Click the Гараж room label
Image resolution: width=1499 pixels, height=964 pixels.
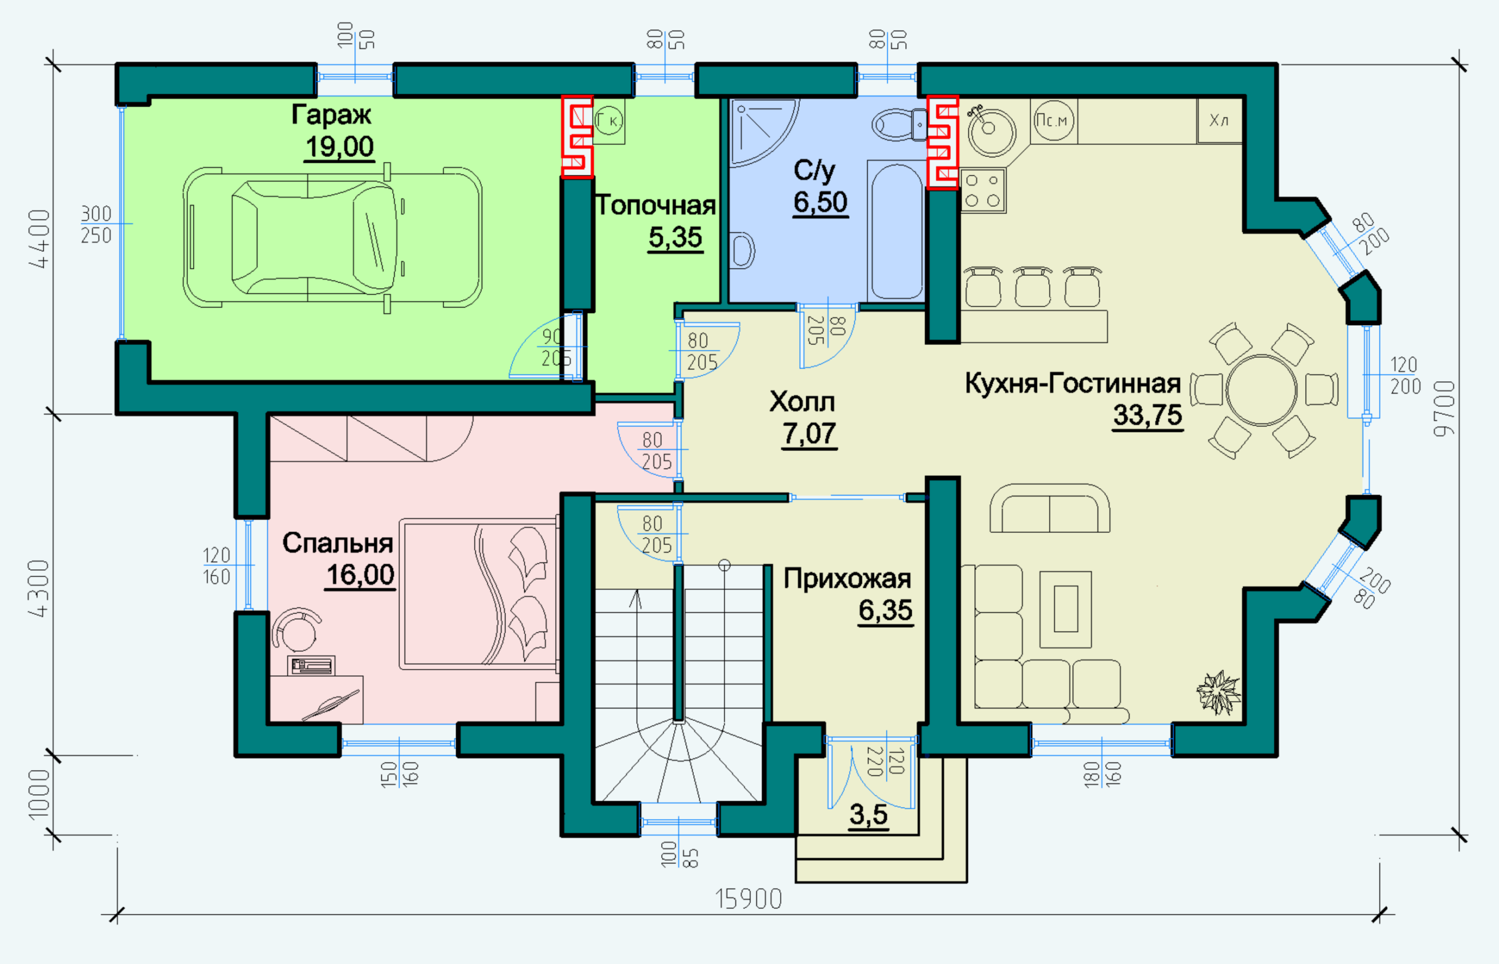331,115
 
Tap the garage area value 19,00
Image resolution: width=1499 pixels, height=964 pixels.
339,146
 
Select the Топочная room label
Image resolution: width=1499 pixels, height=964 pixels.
655,206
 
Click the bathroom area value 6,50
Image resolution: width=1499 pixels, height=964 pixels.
820,202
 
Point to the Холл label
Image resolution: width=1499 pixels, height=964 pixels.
802,402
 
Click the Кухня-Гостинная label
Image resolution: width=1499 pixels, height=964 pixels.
1073,383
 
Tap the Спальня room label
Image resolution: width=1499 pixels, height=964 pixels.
337,543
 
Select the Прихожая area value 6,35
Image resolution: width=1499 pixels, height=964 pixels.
885,610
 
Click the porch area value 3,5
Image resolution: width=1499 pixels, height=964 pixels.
868,815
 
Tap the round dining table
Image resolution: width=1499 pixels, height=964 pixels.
1261,391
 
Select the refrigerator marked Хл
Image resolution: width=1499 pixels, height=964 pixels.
1219,120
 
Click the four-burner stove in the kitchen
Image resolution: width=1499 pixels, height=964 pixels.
983,191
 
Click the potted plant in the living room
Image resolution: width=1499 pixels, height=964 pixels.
1217,692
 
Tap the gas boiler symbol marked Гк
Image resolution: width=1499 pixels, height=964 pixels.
608,120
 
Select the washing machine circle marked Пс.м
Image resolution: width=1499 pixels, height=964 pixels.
1054,120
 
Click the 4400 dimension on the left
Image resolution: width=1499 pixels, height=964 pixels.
39,238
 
